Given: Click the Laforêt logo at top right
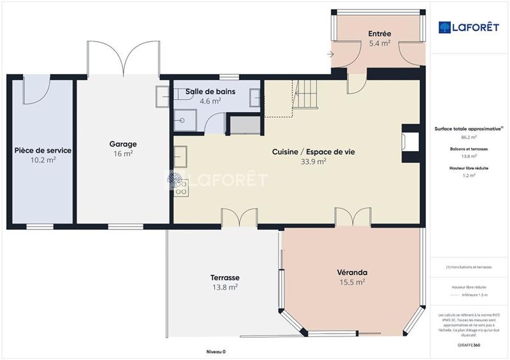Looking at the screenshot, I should point(469,27).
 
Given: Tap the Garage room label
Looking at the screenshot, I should point(122,144).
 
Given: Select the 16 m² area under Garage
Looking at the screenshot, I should point(122,154).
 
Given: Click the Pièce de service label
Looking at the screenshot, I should point(43,150).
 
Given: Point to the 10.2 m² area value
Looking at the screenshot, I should point(43,160).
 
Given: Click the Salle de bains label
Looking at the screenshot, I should point(210,91).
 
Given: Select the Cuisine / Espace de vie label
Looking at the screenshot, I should point(313,152).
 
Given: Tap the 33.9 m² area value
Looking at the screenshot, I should point(313,161).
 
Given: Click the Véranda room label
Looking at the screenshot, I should point(352,273).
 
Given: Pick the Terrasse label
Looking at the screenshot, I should point(224,278).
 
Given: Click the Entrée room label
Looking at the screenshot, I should point(379,34).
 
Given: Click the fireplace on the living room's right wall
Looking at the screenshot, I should point(407,140).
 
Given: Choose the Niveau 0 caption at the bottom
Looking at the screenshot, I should point(215,352).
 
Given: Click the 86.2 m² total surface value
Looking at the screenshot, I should point(469,137).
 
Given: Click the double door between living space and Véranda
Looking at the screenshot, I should point(353,218).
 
